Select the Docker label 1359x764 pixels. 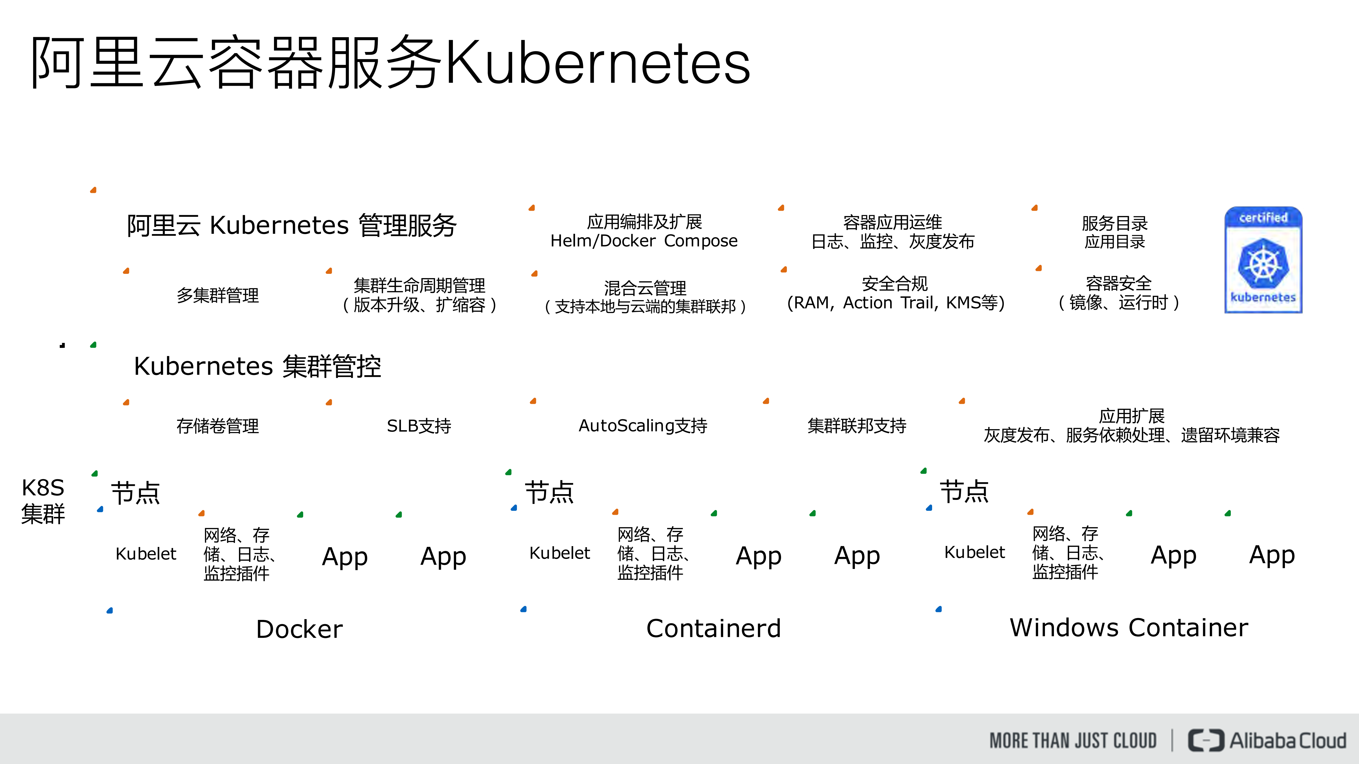299,629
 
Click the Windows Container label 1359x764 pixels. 1129,627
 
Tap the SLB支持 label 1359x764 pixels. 419,425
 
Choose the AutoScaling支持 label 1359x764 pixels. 642,425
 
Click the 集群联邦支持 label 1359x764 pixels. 857,425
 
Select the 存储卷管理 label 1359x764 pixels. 217,425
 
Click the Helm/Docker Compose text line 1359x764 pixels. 644,241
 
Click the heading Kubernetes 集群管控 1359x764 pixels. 258,366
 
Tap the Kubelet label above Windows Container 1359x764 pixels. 974,552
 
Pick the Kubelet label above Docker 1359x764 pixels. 145,554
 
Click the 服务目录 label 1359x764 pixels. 1114,223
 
